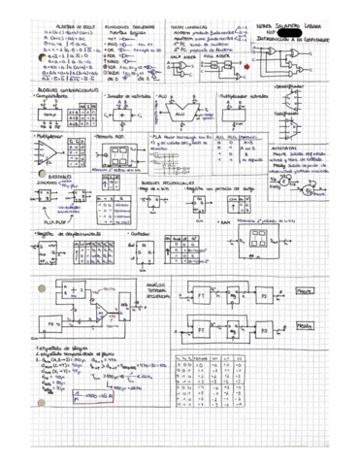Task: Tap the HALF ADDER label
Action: tap(181, 55)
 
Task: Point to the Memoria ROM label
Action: tap(112, 138)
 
